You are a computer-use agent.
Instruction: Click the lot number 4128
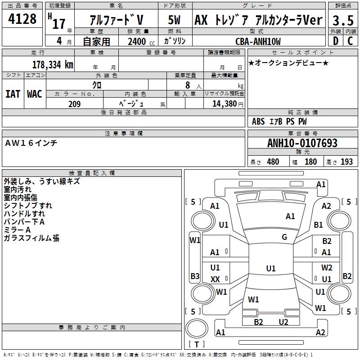coord(22,18)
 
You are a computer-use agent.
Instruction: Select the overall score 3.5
coord(343,20)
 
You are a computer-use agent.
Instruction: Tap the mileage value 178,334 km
coord(53,65)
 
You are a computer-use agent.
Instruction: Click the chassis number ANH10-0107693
coord(302,143)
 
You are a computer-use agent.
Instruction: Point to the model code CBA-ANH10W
coord(258,41)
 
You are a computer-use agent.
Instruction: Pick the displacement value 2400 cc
coord(141,42)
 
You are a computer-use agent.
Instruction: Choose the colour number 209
coord(74,104)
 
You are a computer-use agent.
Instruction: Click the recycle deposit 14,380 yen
coord(228,104)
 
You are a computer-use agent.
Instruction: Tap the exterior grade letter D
coord(335,41)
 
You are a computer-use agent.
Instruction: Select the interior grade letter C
coord(350,41)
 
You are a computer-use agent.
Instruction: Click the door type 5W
coord(174,20)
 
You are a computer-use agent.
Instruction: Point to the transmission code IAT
coord(13,94)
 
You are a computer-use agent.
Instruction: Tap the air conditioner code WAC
coord(35,94)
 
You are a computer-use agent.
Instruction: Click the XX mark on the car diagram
coord(215,279)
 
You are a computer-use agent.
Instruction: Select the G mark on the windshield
coord(284,237)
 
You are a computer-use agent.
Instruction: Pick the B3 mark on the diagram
coord(195,276)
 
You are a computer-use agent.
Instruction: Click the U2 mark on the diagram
coord(283,322)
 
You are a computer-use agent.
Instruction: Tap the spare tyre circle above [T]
coord(197,328)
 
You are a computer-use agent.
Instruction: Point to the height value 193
coord(346,162)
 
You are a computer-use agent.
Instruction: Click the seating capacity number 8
coord(188,85)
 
